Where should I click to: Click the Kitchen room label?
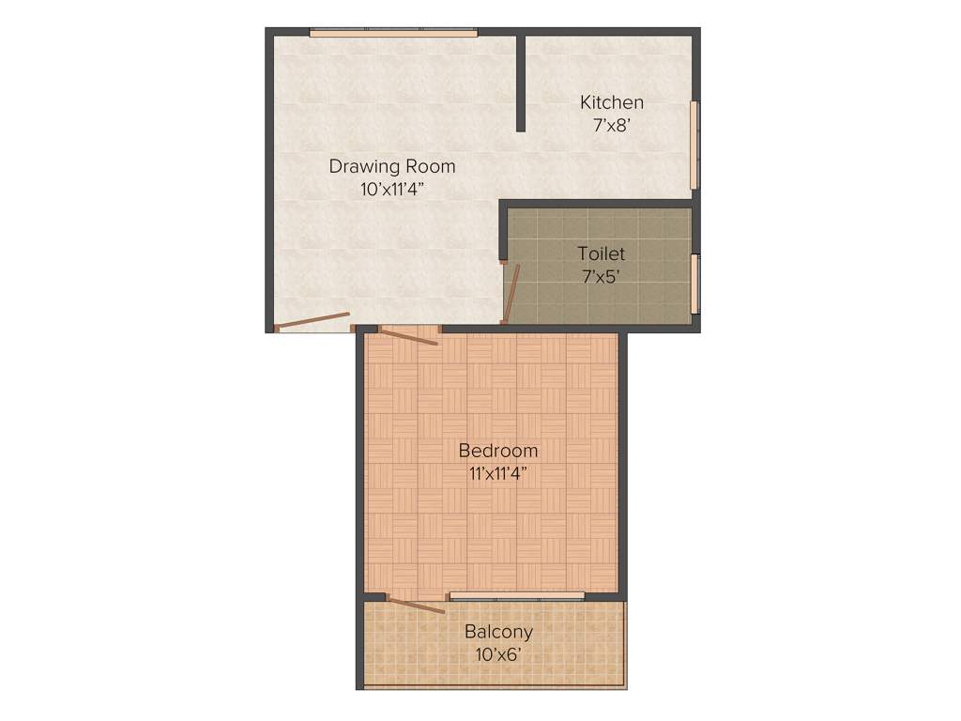[611, 102]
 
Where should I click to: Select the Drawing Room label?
[391, 166]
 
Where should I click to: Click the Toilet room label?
[601, 253]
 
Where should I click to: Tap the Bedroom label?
[497, 451]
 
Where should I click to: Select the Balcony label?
[498, 632]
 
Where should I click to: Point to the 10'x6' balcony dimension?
[498, 653]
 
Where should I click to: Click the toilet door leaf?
[512, 293]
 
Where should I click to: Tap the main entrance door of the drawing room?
[313, 321]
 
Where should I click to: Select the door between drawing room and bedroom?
[409, 335]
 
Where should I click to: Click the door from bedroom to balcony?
[416, 606]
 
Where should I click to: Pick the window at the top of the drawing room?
[393, 34]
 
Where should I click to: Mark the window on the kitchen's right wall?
[694, 145]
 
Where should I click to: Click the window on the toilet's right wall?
[694, 284]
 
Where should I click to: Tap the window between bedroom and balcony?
[517, 596]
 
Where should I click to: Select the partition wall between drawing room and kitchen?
[520, 83]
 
